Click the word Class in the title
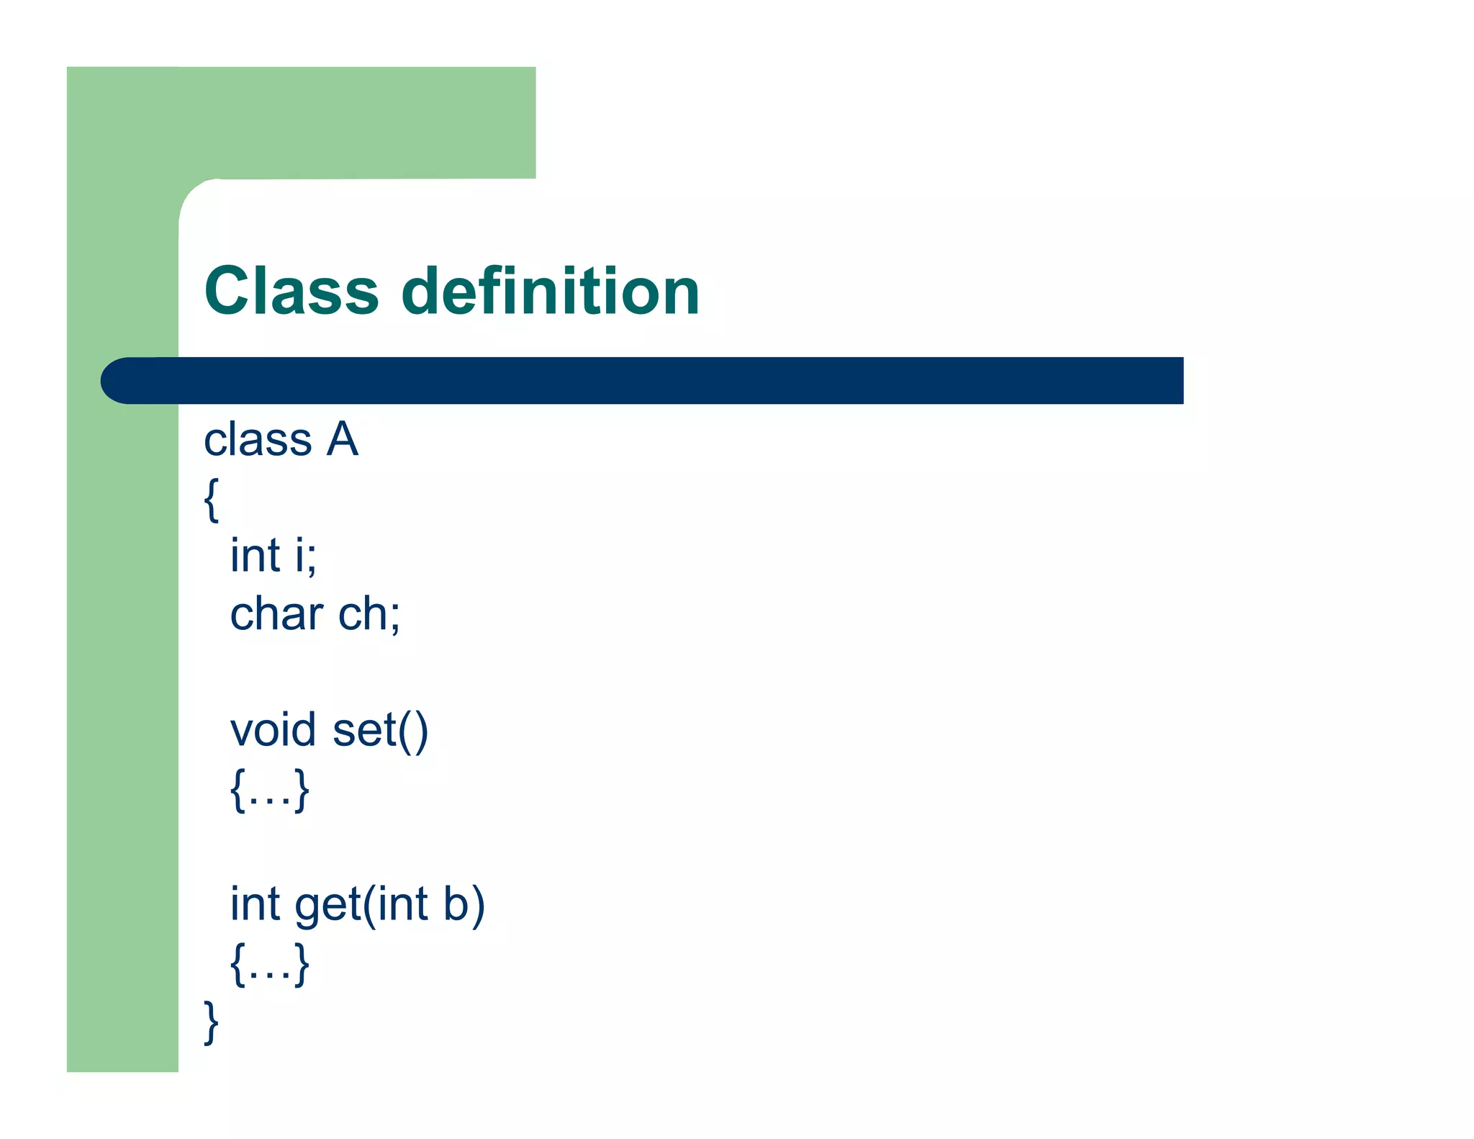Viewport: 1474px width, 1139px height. pos(291,291)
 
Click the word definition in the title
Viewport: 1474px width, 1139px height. pos(550,291)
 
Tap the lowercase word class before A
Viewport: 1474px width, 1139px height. pos(258,440)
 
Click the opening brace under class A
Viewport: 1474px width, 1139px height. pos(211,499)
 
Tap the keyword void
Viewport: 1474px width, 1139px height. pos(273,730)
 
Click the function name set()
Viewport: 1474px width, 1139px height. pos(380,731)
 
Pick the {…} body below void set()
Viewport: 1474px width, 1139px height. pos(270,790)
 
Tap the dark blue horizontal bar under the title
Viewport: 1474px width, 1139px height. pos(648,380)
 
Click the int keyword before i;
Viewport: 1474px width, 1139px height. pos(255,556)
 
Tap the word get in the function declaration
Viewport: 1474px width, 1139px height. pos(327,906)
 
